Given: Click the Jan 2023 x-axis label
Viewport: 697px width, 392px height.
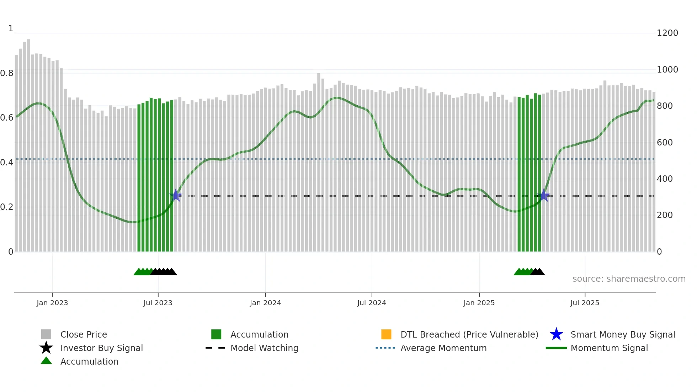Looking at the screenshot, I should click(52, 303).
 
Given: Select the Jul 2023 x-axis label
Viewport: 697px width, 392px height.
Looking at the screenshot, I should click(158, 303).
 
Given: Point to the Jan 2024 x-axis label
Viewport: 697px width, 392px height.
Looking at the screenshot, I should click(265, 303).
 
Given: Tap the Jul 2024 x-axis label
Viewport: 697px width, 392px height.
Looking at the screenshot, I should click(372, 303).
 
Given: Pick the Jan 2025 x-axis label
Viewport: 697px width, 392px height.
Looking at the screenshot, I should click(479, 303).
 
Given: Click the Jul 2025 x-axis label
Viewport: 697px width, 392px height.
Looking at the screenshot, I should click(585, 303).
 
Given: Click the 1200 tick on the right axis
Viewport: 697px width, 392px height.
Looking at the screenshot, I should click(667, 33).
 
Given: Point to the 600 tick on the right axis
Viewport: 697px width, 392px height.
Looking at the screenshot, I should click(665, 143).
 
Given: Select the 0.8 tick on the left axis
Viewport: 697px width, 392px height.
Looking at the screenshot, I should click(7, 73).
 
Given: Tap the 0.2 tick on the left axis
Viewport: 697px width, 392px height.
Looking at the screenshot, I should click(7, 207).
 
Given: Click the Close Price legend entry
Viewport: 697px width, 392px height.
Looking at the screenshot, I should click(84, 334).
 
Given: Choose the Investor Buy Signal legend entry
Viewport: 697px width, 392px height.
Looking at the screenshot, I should click(101, 348).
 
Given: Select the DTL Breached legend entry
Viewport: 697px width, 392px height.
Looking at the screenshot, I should click(469, 334).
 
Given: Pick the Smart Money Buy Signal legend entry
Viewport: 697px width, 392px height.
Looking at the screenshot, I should click(622, 334).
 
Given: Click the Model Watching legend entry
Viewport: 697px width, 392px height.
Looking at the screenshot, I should click(264, 348).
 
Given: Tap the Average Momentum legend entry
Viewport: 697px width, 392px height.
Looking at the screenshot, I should click(443, 348).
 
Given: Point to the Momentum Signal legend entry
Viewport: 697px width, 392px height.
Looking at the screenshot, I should click(609, 348).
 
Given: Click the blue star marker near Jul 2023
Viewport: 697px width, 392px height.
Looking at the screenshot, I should click(176, 195).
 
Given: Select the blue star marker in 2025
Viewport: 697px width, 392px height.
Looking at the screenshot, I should click(543, 195).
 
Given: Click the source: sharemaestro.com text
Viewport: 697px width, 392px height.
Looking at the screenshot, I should click(629, 279).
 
